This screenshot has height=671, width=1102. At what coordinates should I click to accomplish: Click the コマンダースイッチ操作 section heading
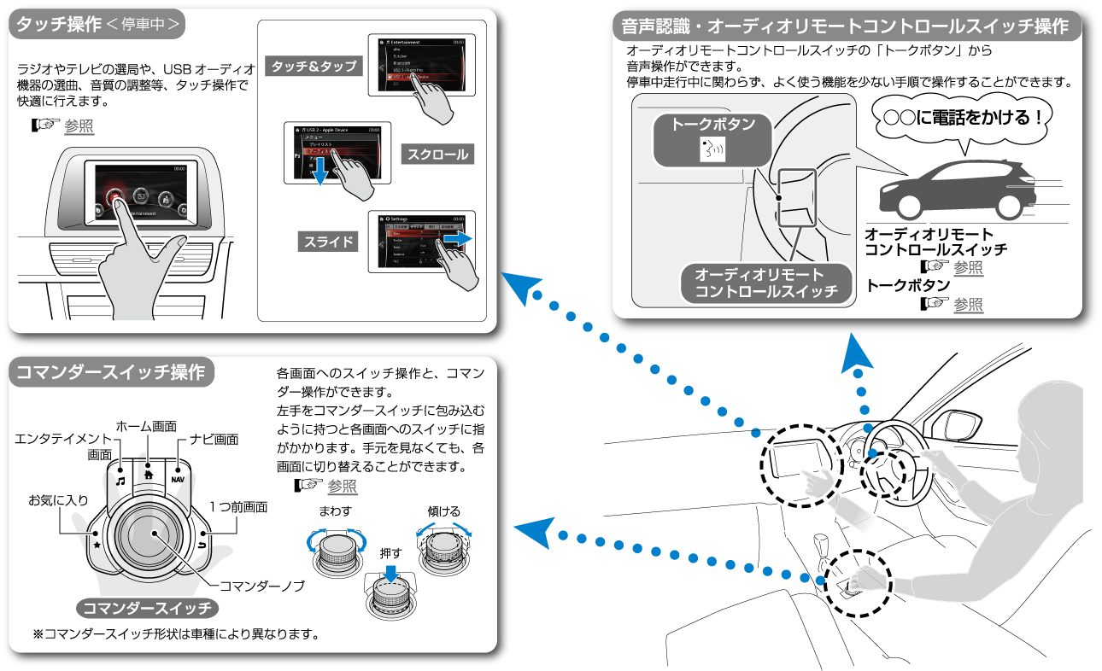coord(111,373)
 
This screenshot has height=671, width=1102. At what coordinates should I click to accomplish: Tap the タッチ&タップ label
coord(314,66)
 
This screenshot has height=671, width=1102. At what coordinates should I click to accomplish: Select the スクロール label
coord(437,155)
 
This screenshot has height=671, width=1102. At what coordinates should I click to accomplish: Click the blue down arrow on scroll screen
coord(319,174)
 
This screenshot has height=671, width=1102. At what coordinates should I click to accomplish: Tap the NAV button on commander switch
coord(178,478)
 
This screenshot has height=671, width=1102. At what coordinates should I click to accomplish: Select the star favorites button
coord(97,544)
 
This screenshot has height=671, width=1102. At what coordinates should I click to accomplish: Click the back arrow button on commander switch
coord(202,544)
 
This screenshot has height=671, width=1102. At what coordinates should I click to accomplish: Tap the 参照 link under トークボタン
coord(968,304)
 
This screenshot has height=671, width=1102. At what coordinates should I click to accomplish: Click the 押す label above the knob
coord(390,553)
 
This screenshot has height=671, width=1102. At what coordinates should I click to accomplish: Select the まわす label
coord(335,511)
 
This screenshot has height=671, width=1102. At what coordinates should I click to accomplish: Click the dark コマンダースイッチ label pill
coord(146,609)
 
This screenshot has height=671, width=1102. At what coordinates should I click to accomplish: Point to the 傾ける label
coord(444,511)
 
